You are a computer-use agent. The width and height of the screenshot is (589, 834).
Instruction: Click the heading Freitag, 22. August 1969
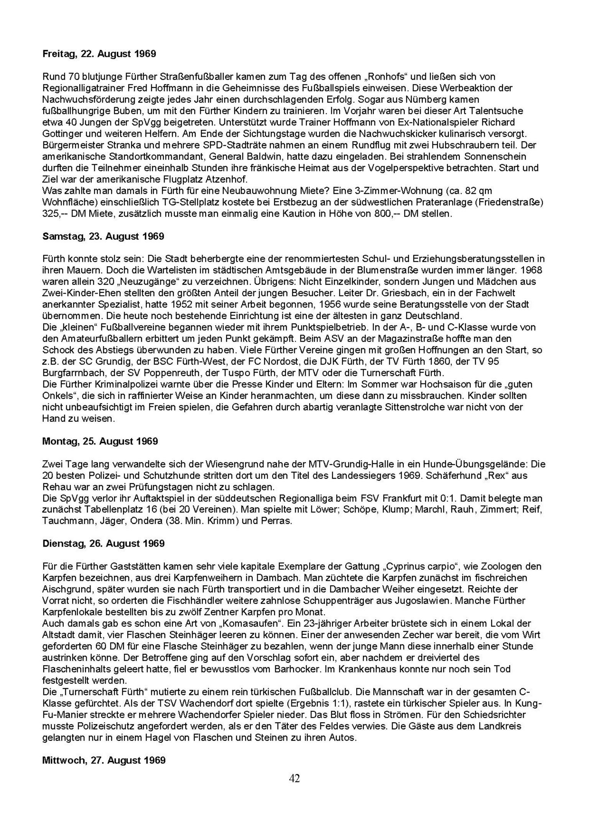tap(99, 54)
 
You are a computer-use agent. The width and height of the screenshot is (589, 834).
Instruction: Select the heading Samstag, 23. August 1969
tap(103, 236)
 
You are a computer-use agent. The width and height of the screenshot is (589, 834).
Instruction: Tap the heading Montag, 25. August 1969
tap(100, 441)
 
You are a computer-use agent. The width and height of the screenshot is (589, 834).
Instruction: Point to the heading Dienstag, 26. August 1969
tap(103, 543)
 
